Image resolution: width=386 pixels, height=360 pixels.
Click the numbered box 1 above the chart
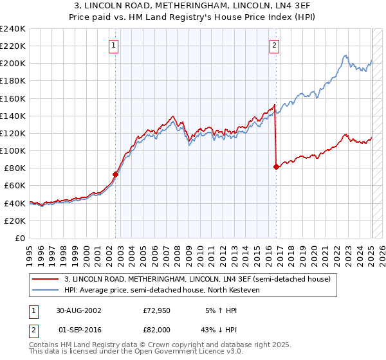pyautogui.click(x=114, y=45)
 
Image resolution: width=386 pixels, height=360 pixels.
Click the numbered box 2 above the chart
pyautogui.click(x=275, y=45)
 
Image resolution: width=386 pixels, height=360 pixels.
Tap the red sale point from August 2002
pyautogui.click(x=116, y=174)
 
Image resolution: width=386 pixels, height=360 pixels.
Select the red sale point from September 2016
pyautogui.click(x=276, y=166)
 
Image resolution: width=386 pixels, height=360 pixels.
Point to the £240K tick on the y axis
pyautogui.click(x=14, y=29)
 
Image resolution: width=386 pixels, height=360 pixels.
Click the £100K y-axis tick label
pyautogui.click(x=14, y=150)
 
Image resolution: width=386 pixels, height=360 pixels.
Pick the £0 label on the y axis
pyautogui.click(x=20, y=238)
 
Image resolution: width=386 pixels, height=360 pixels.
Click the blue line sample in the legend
pyautogui.click(x=46, y=289)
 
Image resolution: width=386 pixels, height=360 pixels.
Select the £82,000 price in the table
pyautogui.click(x=157, y=329)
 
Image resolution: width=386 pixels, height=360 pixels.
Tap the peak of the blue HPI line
pyautogui.click(x=346, y=55)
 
